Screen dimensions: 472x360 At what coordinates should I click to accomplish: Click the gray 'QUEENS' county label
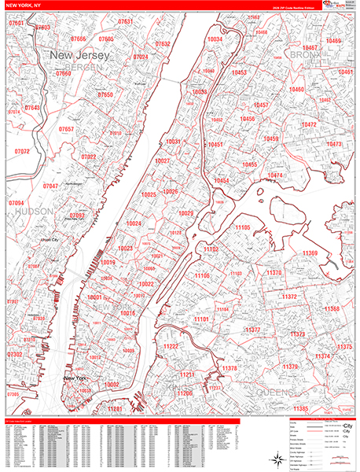pos(274,391)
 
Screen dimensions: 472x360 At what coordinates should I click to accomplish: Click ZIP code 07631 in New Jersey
pos(125,22)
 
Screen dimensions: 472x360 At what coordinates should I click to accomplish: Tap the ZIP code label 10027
pos(163,160)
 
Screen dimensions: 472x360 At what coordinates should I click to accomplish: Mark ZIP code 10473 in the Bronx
pos(334,145)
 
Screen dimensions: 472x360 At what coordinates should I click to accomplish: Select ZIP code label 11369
pos(310,253)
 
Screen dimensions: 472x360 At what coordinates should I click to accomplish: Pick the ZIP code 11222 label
pos(171,347)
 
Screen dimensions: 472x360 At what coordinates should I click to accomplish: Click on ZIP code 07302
pos(15,355)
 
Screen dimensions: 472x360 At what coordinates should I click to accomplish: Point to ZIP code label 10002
pos(111,384)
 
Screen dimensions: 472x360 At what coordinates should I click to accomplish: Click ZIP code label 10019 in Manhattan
pos(108,263)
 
